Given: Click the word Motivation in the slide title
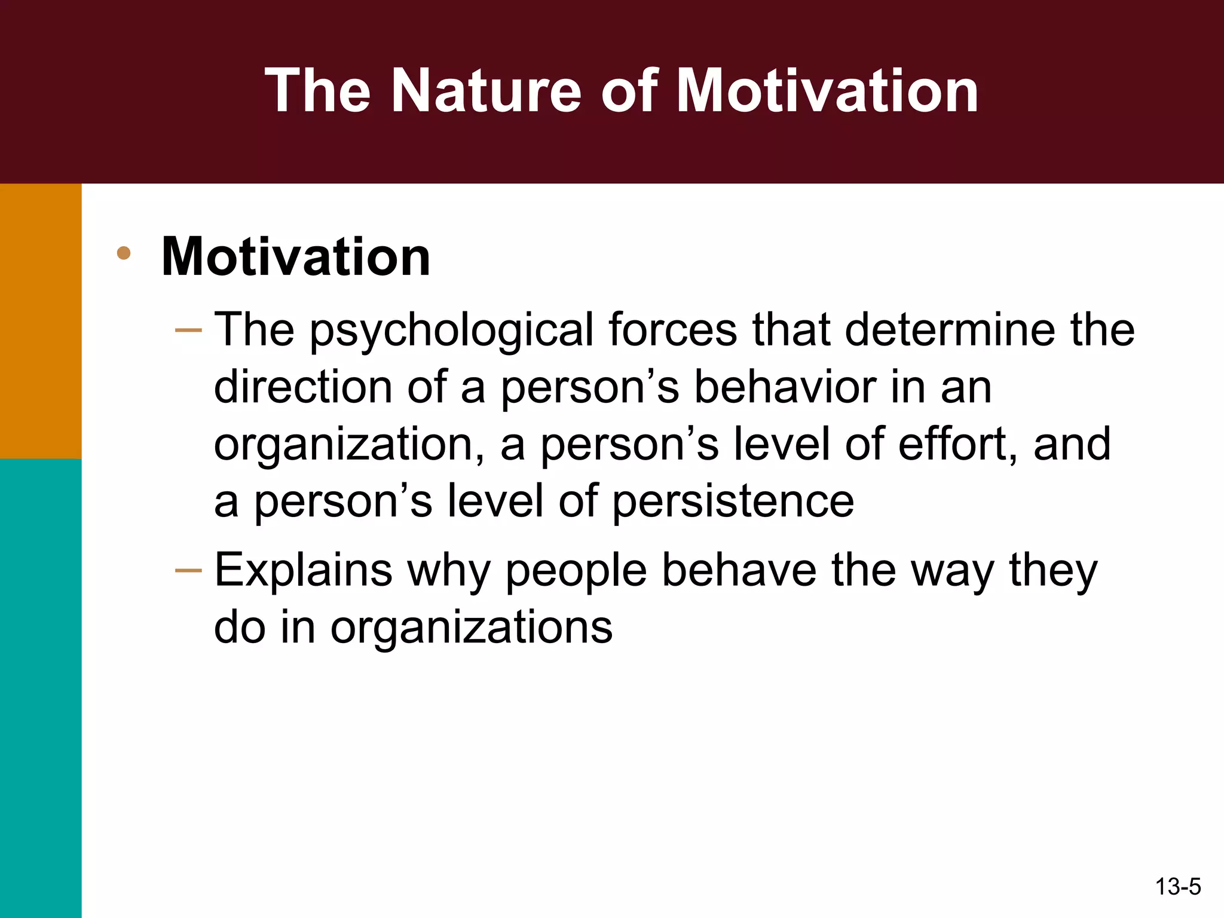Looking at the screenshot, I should point(827,91).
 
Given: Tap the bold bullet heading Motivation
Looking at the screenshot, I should point(296,256).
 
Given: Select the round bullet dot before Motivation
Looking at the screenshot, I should point(124,253).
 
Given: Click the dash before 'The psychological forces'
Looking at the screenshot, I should point(188,330).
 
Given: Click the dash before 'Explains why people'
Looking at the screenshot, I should point(188,571).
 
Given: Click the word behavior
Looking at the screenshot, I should point(785,387).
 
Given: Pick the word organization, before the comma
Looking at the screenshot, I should point(345,445).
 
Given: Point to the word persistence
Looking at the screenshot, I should point(733,501).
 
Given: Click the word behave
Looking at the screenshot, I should point(739,571).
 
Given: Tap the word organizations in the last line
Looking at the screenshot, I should point(472,628).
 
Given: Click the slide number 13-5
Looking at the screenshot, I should point(1177,887).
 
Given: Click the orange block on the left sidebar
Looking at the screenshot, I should point(41,321).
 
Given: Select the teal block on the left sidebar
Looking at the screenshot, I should point(41,687).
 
